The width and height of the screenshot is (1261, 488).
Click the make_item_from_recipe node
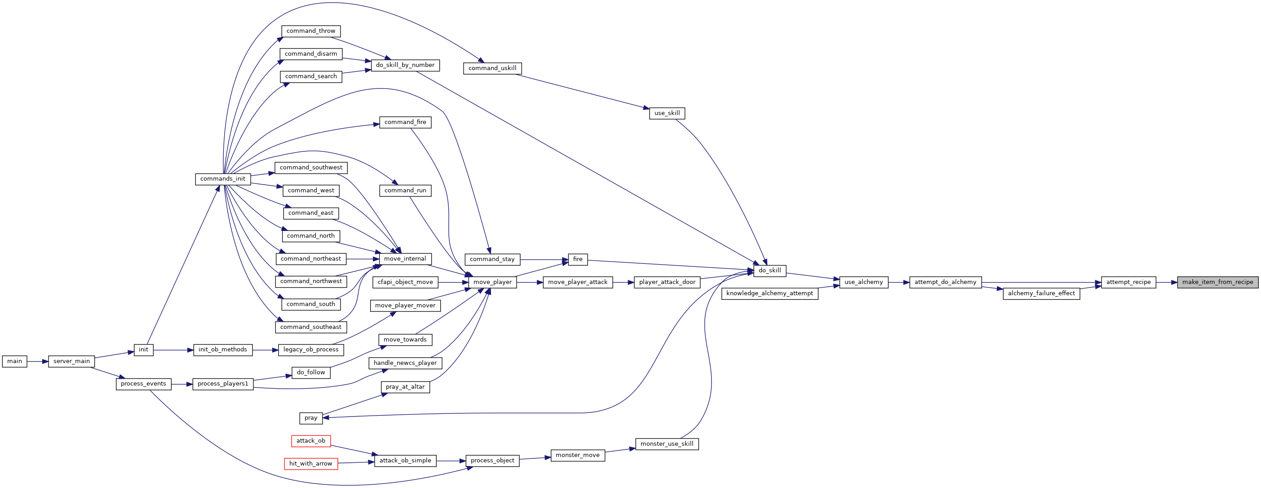[x=1217, y=282]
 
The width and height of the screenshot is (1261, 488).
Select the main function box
[x=15, y=361]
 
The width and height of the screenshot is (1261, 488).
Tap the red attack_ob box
[x=311, y=441]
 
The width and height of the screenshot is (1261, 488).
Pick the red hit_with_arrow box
[x=311, y=464]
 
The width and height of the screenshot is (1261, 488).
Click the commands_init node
[x=223, y=179]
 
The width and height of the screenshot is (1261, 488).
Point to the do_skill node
[x=770, y=271]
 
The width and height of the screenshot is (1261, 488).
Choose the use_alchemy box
[x=863, y=282]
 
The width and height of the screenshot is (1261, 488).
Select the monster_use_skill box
[x=667, y=444]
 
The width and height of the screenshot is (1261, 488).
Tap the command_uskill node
[x=492, y=68]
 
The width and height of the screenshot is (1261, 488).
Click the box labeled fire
[x=578, y=259]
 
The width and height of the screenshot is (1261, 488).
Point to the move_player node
[x=492, y=282]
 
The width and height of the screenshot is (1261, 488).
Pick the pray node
[x=311, y=418]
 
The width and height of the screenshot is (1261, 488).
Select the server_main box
[x=71, y=361]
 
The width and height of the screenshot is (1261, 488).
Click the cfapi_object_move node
[x=405, y=282]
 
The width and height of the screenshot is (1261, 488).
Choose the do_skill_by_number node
[x=405, y=65]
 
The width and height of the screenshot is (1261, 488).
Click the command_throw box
[x=311, y=31]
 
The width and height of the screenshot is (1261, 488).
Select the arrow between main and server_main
[x=38, y=361]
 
